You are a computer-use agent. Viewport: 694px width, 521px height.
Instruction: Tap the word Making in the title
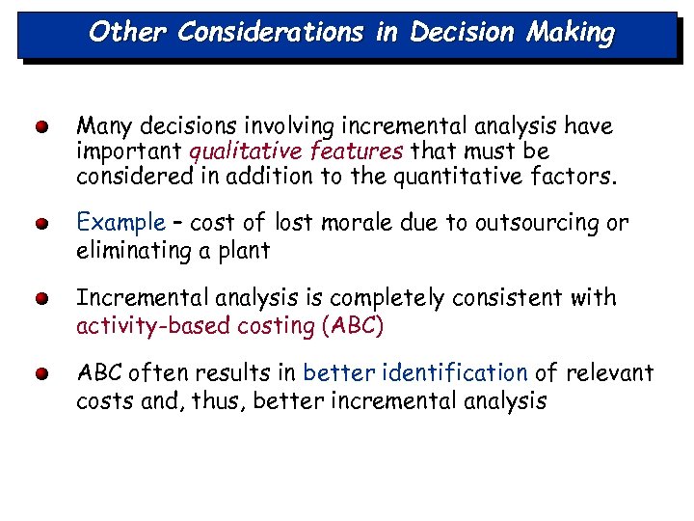[x=571, y=32]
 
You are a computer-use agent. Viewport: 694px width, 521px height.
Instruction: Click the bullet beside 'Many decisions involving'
[x=41, y=126]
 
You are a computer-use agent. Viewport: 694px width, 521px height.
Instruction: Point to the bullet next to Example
[x=41, y=224]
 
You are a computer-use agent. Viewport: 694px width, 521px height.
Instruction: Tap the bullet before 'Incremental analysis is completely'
[x=41, y=299]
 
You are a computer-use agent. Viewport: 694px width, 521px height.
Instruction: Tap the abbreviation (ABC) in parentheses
[x=352, y=325]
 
